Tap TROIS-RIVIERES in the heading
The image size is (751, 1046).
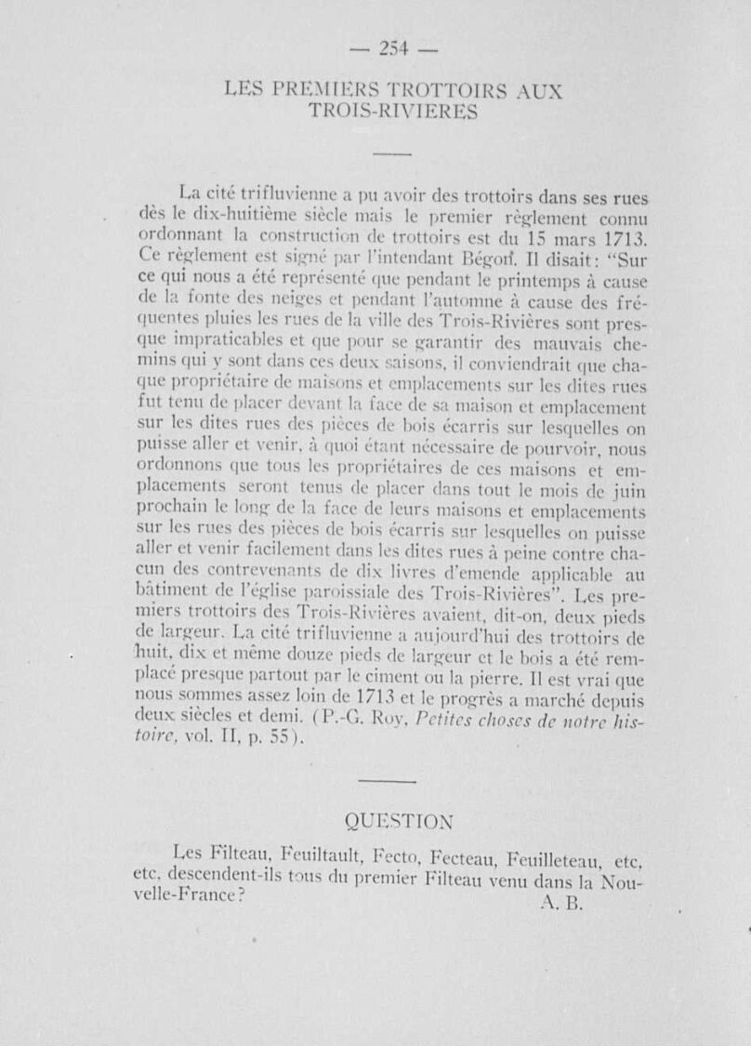393,113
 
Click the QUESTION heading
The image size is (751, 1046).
399,821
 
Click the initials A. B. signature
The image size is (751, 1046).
560,903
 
